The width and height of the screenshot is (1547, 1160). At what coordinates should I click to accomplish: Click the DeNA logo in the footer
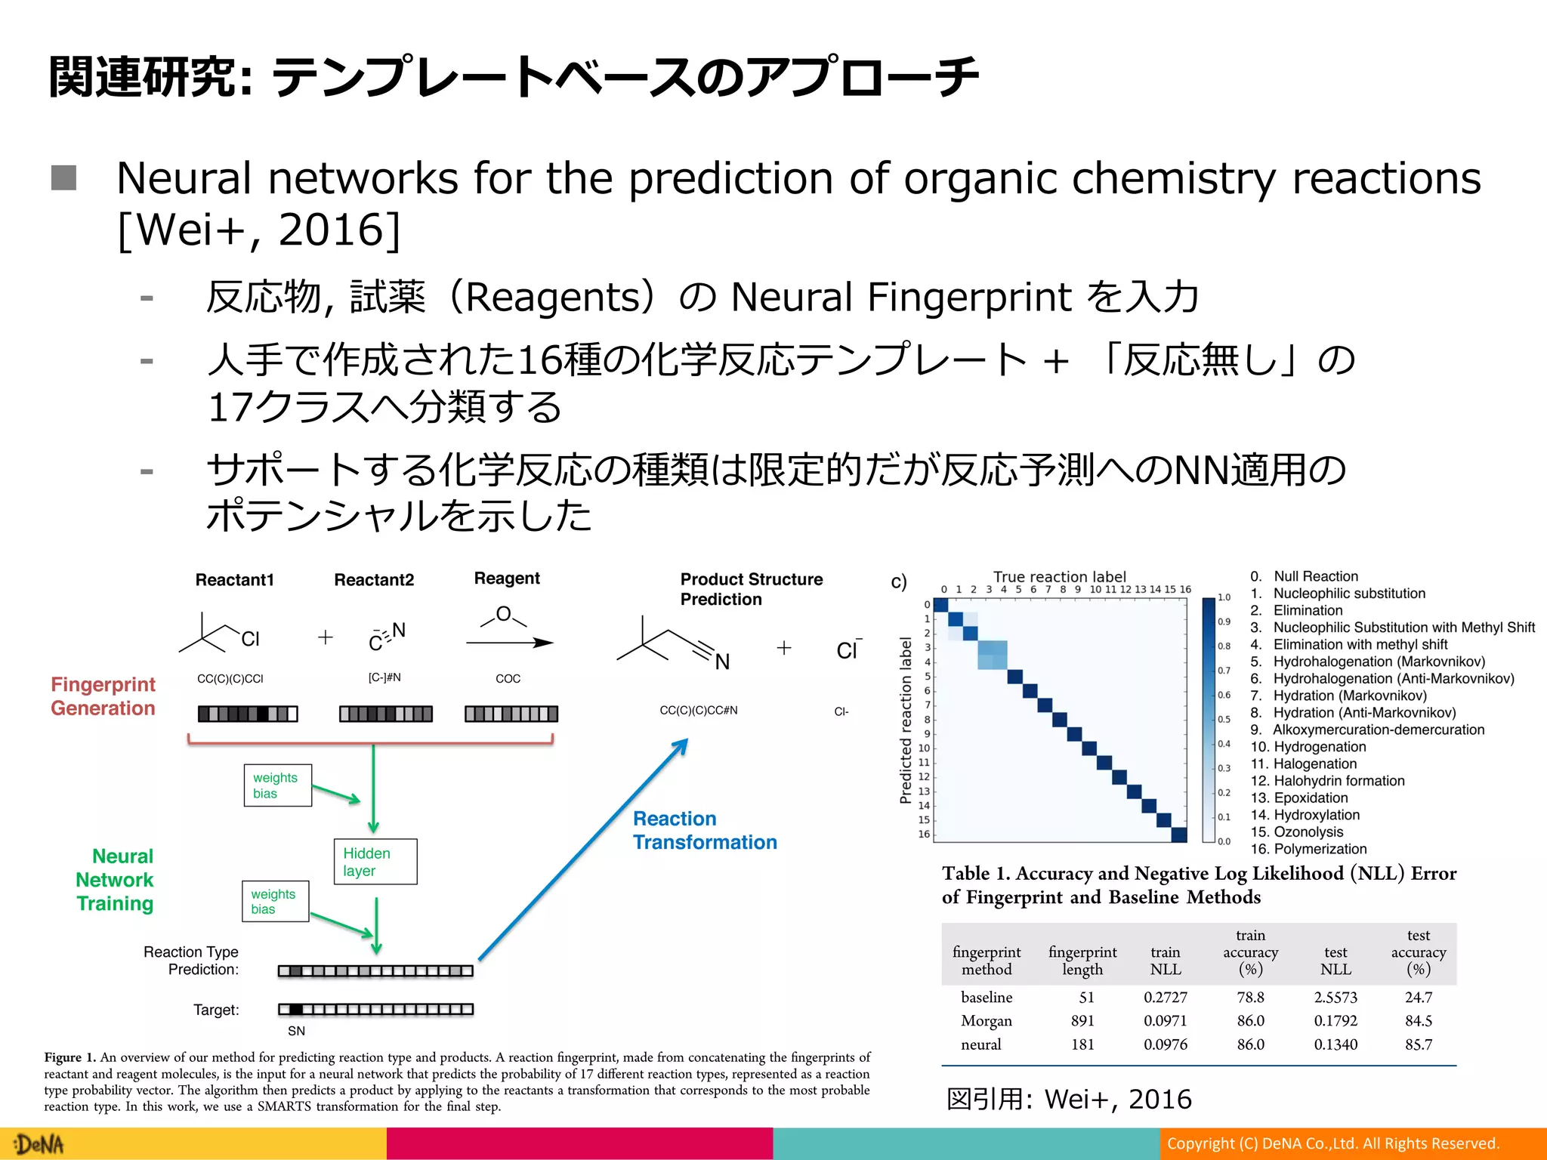click(x=39, y=1144)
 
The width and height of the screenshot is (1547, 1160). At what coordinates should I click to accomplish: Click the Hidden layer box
click(x=375, y=862)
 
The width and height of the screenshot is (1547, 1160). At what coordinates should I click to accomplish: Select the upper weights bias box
click(x=277, y=785)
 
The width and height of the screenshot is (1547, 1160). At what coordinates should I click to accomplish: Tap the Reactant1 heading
click(x=234, y=580)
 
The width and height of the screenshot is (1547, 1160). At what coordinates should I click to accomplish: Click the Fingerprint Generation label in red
click(x=103, y=696)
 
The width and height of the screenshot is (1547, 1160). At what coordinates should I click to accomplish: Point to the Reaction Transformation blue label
click(x=704, y=830)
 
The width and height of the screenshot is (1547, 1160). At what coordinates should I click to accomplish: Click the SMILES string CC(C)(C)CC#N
click(x=698, y=710)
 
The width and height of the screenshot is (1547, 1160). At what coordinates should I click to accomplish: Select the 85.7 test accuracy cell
click(x=1418, y=1044)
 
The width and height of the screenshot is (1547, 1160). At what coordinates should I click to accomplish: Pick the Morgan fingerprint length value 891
click(x=1082, y=1020)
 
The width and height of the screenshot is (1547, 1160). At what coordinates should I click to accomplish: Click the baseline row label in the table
click(x=987, y=997)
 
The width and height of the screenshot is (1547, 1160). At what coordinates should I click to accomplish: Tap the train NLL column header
click(x=1165, y=961)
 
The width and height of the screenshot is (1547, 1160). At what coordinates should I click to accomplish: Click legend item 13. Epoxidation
click(x=1299, y=797)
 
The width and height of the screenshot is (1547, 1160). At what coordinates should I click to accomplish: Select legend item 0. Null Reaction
click(x=1305, y=576)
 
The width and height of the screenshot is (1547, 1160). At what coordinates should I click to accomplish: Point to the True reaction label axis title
click(x=1059, y=576)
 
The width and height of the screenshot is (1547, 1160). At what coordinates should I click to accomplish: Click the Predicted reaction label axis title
click(x=906, y=720)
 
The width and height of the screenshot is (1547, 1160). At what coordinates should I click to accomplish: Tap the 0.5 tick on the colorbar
click(x=1224, y=720)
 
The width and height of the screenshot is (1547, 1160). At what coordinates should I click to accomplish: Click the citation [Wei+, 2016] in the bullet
click(x=259, y=230)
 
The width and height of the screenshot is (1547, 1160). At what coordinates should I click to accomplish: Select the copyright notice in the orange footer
click(x=1332, y=1143)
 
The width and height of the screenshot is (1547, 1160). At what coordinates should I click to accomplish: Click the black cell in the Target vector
click(x=296, y=1009)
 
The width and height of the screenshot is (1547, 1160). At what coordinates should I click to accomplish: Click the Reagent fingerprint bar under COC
click(x=511, y=714)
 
